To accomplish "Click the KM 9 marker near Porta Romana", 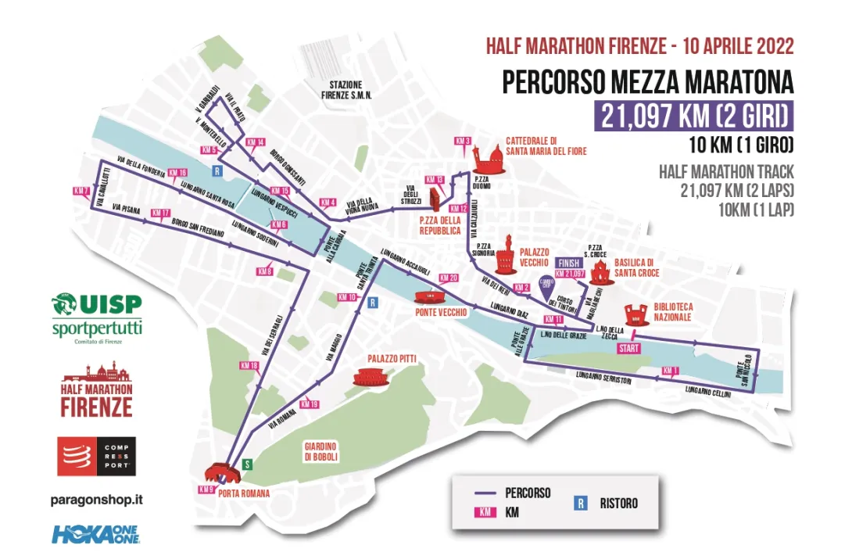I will [206, 490].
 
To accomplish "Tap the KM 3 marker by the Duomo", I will [463, 141].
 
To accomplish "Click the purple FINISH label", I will [569, 264].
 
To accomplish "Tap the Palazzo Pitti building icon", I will [370, 378].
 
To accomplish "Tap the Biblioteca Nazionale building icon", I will [635, 314].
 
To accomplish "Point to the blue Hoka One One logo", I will [95, 534].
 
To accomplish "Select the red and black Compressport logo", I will [96, 457].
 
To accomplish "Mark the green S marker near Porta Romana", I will [247, 463].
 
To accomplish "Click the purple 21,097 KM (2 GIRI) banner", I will [693, 117].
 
